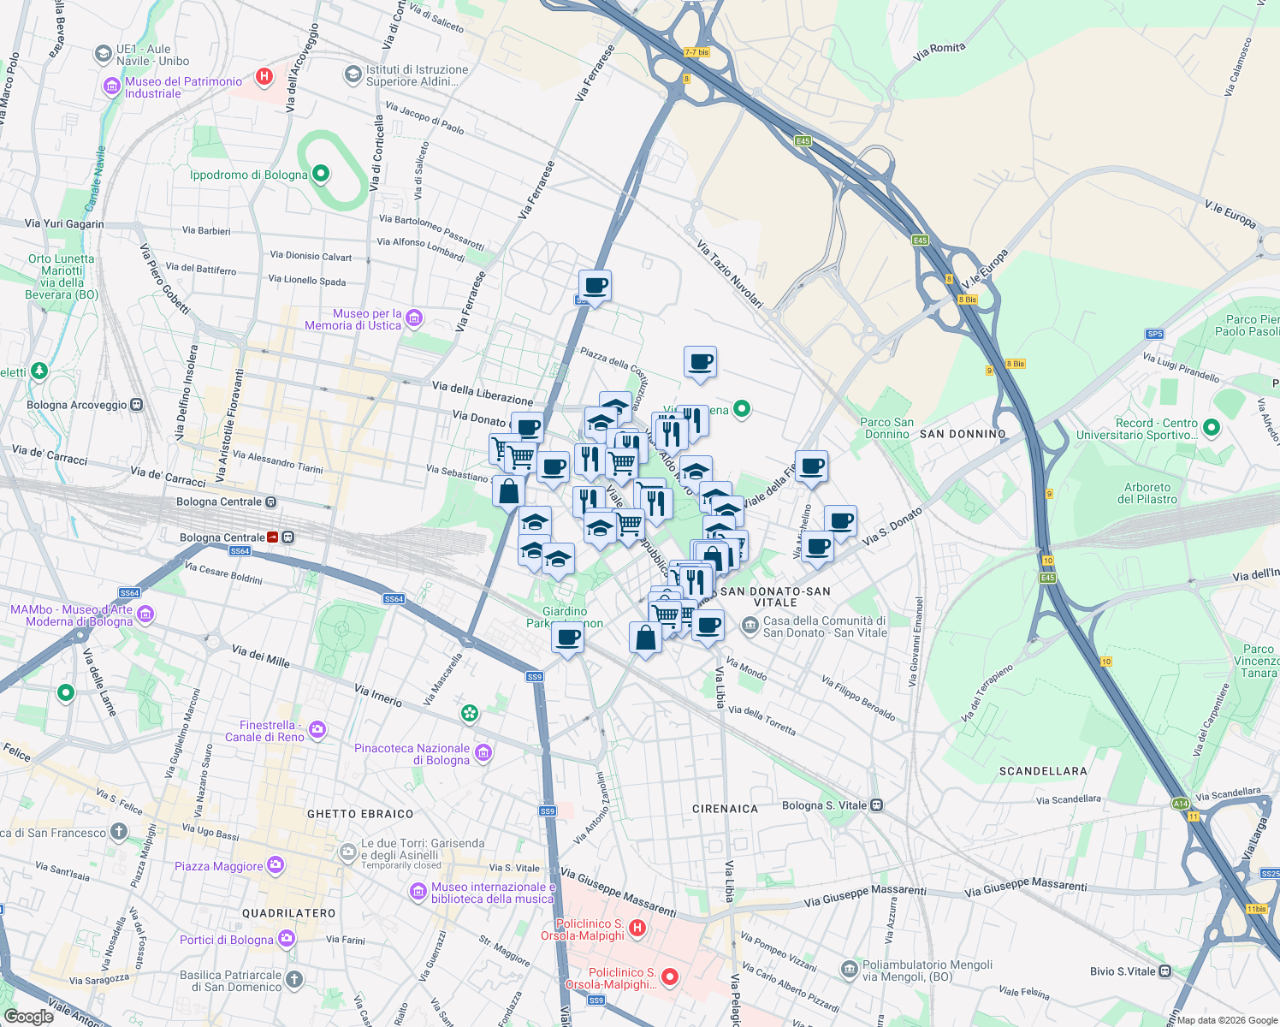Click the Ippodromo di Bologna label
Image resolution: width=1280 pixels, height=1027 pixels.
[x=248, y=175]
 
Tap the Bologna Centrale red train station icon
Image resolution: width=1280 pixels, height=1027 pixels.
[x=273, y=537]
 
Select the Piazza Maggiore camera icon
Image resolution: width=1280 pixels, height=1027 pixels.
[x=275, y=866]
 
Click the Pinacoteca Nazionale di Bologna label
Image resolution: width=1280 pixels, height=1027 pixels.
[x=412, y=754]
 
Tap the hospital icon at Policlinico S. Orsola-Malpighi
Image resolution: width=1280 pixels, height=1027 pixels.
[x=637, y=928]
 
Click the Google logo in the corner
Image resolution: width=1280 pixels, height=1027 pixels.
[x=28, y=1017]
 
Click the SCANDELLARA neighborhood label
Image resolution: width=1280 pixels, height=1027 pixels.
[x=1043, y=771]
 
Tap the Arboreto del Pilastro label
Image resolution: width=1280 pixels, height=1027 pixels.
[x=1147, y=493]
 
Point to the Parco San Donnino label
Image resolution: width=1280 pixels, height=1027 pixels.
[x=886, y=428]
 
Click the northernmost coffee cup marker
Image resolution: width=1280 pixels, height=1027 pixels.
[x=595, y=286]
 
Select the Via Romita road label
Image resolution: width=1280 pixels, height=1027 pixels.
[x=939, y=51]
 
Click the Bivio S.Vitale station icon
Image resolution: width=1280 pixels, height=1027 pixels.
[x=1164, y=971]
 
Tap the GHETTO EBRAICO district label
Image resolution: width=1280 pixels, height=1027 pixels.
[x=360, y=814]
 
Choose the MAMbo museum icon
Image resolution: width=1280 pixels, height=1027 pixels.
[x=145, y=614]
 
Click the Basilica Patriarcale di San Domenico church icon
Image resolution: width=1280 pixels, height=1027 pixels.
[x=293, y=979]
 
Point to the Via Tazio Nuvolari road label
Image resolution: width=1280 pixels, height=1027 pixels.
[x=730, y=274]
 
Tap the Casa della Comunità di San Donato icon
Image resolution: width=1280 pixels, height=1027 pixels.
[x=750, y=626]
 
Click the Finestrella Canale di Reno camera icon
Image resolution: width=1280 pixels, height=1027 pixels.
[x=317, y=730]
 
